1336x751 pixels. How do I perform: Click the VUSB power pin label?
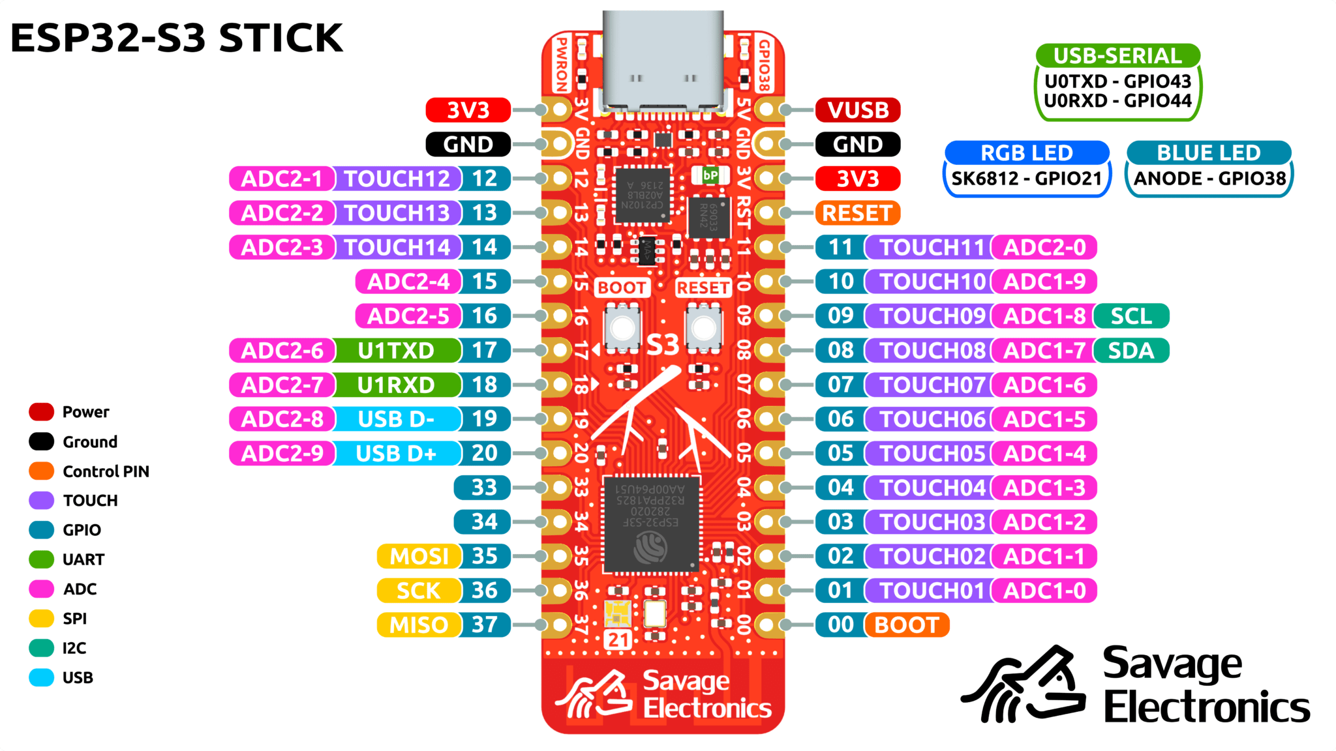tap(857, 110)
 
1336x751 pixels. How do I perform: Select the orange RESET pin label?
tap(857, 213)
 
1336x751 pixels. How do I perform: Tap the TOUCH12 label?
tap(397, 179)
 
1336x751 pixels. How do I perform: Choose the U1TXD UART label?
tap(396, 351)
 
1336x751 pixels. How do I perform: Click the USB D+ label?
tap(396, 454)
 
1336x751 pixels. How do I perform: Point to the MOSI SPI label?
tap(418, 557)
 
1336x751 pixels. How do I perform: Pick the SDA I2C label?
tap(1131, 351)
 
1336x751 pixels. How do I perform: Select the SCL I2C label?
tap(1131, 316)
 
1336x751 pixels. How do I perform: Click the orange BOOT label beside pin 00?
tap(906, 625)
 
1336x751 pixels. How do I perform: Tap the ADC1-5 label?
tap(1044, 419)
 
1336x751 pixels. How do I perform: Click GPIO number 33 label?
tap(483, 488)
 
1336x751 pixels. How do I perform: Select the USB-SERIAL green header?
tap(1117, 56)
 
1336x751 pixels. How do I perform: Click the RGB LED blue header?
tap(1026, 153)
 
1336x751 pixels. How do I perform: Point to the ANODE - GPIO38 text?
tap(1209, 179)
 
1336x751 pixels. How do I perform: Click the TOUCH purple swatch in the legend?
tap(41, 501)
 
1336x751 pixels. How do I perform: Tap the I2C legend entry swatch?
tap(41, 648)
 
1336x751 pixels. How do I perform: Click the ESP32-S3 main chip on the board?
tap(651, 525)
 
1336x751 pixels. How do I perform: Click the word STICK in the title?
tap(281, 38)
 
